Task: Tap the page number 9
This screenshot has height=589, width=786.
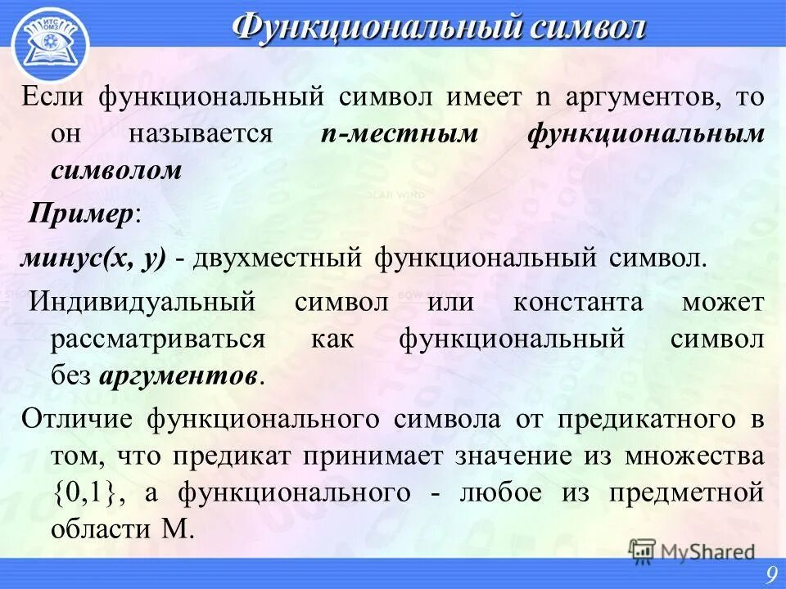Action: (x=771, y=576)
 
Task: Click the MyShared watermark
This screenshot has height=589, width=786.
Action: (x=693, y=551)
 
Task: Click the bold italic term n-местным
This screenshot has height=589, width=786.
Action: (x=398, y=134)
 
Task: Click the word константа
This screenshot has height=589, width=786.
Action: (x=578, y=302)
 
